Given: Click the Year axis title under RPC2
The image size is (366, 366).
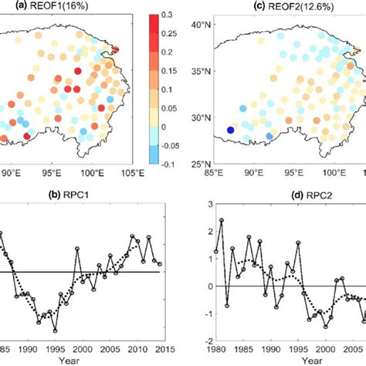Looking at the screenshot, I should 313,360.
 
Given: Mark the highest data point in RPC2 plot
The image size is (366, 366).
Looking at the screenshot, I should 222,221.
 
